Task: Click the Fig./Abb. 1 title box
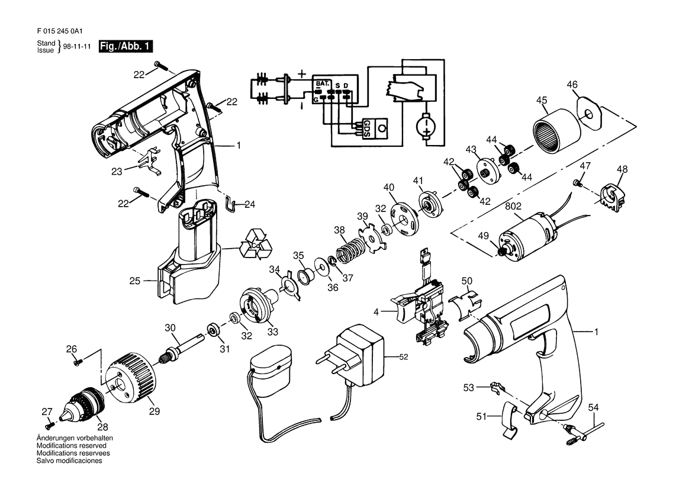coord(125,46)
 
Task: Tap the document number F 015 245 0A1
coord(60,31)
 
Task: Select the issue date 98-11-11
coord(77,46)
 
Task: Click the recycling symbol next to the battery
coord(256,243)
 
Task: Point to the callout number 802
coord(513,206)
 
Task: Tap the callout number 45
coord(542,100)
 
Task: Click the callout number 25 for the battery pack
coord(134,281)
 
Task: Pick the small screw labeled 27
coord(50,425)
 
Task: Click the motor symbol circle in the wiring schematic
coord(426,124)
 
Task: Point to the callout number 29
coord(154,411)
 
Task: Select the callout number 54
coord(594,407)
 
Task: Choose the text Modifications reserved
coord(72,446)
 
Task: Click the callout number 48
coord(622,169)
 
